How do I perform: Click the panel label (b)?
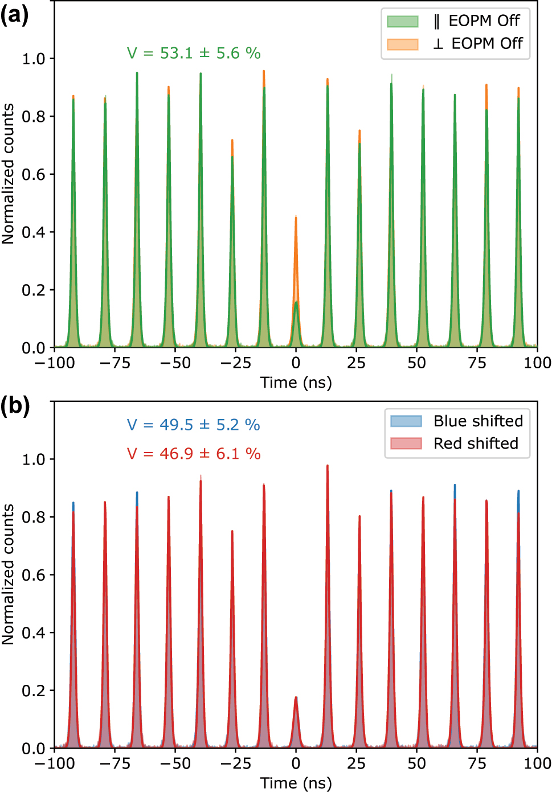coord(15,406)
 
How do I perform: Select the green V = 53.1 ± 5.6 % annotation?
coord(194,54)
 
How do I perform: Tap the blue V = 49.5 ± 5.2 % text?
coord(193,425)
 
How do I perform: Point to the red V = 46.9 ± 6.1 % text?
coord(193,454)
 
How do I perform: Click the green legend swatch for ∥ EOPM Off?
coord(403,22)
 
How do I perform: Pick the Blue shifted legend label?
coord(478,421)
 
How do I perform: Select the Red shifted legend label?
coord(476,443)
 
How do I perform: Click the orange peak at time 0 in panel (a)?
coord(296,228)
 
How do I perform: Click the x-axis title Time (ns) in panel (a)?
coord(296,383)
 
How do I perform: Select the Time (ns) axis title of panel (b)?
coord(296,783)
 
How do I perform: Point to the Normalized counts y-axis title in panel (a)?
coord(8,174)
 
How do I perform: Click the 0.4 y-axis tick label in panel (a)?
coord(33,232)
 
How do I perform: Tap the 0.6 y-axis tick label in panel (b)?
coord(33,575)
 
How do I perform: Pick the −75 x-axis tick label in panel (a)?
coord(115,363)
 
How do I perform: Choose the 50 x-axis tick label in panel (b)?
coord(416,763)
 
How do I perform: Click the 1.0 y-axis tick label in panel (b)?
coord(33,459)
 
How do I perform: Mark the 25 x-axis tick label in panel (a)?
coord(356,363)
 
